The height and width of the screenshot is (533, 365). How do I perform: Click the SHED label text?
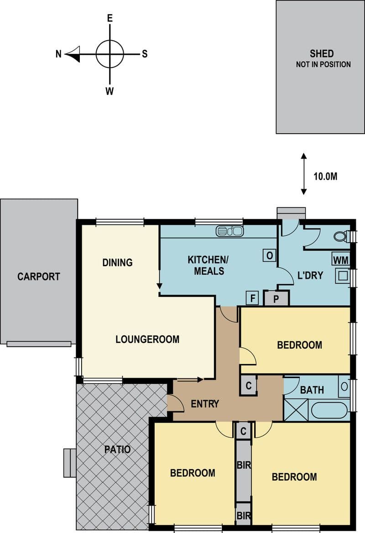point(322,54)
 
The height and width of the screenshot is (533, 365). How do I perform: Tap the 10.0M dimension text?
point(325,176)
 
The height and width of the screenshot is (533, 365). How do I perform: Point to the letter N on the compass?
point(58,54)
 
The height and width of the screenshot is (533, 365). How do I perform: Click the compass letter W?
point(109,91)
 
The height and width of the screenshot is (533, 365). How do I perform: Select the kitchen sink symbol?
point(229,231)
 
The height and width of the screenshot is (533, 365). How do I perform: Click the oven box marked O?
point(269,255)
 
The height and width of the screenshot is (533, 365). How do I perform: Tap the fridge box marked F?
point(252,298)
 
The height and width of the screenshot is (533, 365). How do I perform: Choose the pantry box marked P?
point(276,299)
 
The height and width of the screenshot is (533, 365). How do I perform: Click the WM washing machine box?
point(340,260)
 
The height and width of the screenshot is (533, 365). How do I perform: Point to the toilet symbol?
point(341,236)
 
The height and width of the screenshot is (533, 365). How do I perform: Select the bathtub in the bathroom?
point(329,410)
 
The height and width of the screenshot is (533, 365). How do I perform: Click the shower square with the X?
point(296,410)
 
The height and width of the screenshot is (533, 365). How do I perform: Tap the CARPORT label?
point(38,276)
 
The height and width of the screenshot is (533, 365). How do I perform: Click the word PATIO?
point(117,450)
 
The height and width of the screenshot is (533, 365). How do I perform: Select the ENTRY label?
point(205,404)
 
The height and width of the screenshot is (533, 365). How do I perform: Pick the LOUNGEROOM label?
point(147,339)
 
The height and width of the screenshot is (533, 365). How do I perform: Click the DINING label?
point(117,263)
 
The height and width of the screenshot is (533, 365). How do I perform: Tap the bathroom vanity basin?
point(344,386)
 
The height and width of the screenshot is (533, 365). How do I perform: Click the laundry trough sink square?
point(343,276)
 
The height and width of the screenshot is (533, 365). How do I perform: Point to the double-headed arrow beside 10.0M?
point(304,174)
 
